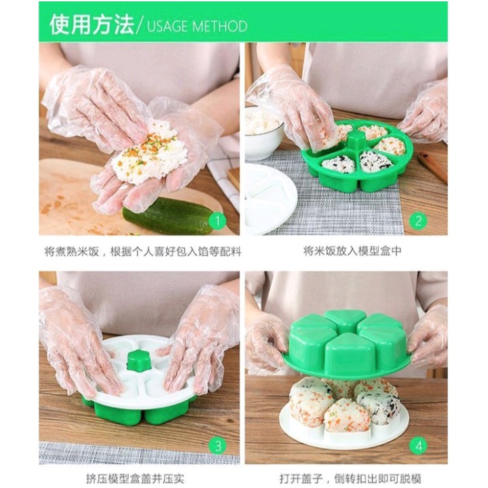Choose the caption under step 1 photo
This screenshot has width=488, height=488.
143,251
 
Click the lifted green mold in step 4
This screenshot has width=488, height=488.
346,343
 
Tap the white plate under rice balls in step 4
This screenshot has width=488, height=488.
346,434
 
